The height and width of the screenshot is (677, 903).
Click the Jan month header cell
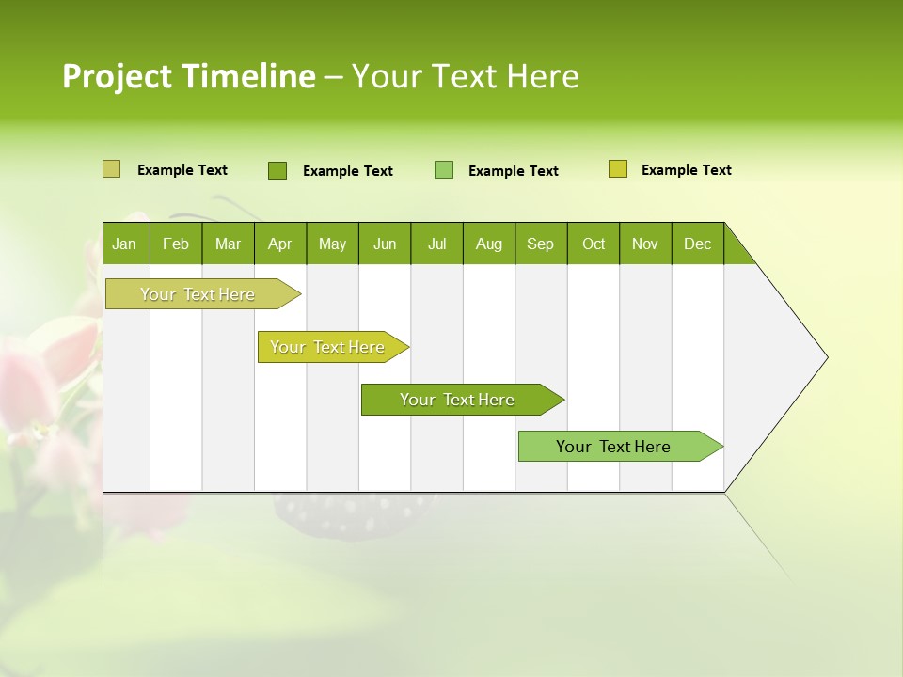[x=125, y=244]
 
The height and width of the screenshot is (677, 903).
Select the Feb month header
[x=176, y=244]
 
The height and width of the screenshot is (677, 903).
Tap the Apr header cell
[x=279, y=244]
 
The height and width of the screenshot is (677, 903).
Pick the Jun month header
[x=385, y=244]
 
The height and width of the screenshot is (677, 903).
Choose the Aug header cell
[x=488, y=244]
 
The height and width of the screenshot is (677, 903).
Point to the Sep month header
[x=540, y=244]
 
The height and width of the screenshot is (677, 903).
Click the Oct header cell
[x=594, y=244]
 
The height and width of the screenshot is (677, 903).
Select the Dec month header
[x=697, y=244]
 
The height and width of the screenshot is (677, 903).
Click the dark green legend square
[x=277, y=170]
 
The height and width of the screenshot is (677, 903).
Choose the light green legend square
[x=444, y=170]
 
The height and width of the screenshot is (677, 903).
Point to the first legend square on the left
[x=111, y=169]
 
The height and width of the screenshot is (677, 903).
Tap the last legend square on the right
[x=618, y=169]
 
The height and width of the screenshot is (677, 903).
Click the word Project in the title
[x=117, y=76]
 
